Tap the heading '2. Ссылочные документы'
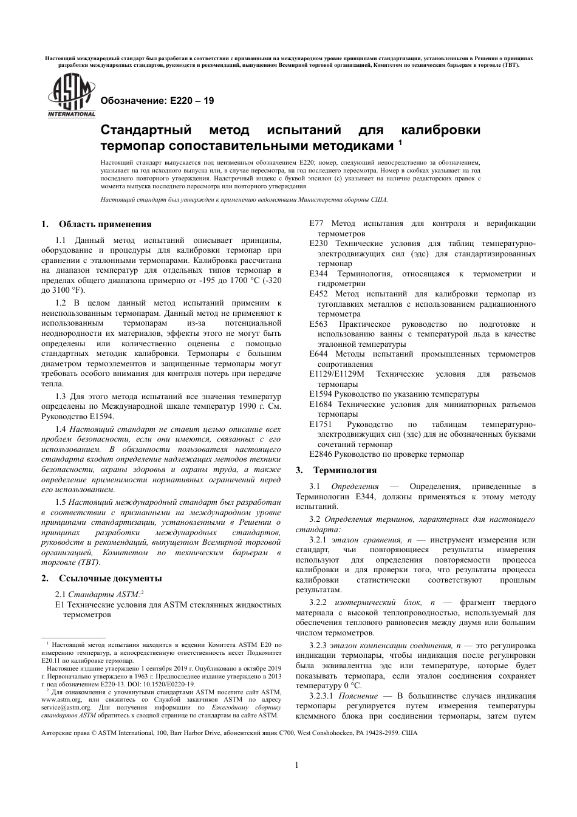101,578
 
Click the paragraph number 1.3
61,397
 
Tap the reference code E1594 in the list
321,394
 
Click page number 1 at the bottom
296,765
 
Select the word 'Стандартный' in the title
145,131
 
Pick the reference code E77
316,224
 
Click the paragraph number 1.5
61,502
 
